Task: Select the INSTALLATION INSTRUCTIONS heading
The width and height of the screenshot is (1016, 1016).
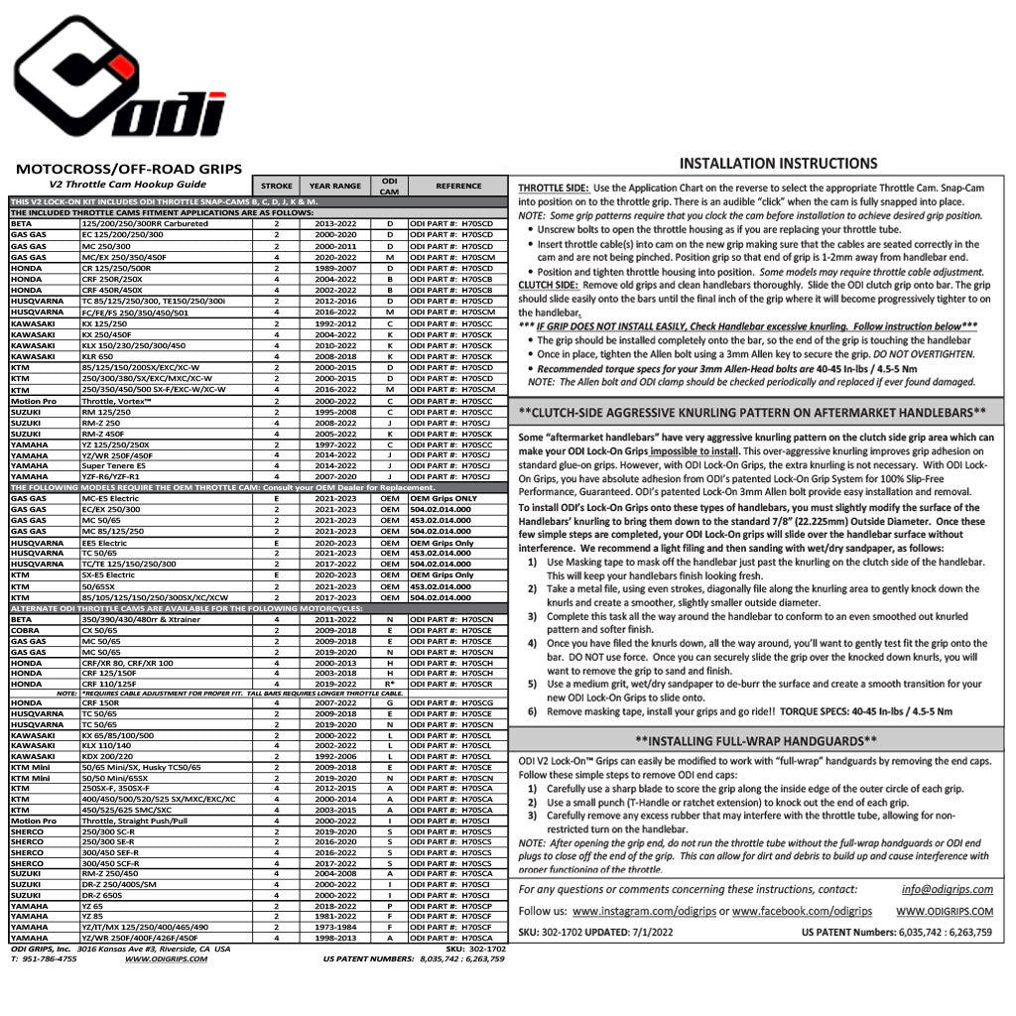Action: [778, 164]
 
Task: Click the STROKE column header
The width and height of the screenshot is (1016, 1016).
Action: [276, 186]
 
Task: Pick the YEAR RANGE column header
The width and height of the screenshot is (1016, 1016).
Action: [334, 186]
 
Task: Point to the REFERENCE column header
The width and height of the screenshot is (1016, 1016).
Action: [458, 186]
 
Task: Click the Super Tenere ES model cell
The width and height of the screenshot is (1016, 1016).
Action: [114, 464]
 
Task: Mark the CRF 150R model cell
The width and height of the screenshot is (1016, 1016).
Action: [100, 702]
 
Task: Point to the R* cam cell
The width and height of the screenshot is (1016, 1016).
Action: [390, 684]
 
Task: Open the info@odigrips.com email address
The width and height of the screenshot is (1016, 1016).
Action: [947, 889]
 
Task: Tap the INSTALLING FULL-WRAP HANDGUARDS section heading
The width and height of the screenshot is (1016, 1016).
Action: [756, 740]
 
